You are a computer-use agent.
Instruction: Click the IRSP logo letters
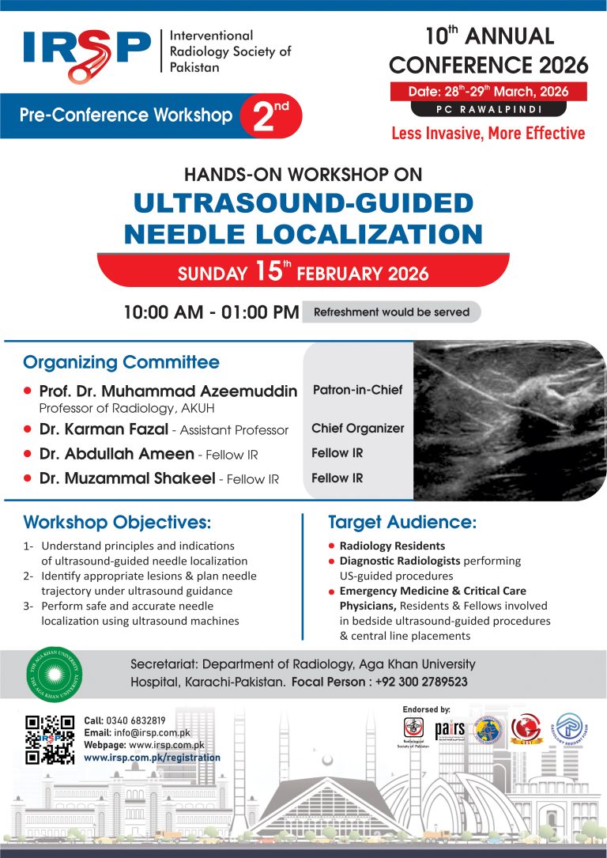pos(86,53)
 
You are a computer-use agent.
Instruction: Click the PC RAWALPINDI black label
pos(488,109)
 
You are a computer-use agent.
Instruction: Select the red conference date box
pos(488,91)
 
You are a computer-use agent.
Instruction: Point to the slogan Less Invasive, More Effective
pos(488,133)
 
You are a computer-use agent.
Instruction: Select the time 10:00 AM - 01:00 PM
pos(211,312)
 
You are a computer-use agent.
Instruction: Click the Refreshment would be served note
pos(391,312)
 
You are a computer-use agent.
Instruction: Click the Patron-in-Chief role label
pos(357,390)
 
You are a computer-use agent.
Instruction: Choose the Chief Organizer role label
pos(357,429)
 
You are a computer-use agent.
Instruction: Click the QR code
pos(50,739)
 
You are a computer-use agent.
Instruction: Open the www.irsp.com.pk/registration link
pos(153,758)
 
